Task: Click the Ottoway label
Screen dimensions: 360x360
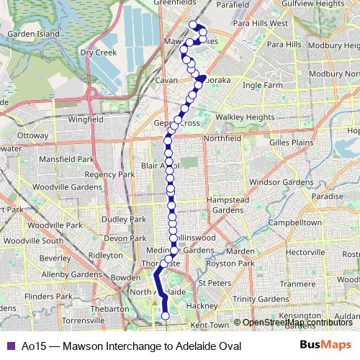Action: click(x=32, y=135)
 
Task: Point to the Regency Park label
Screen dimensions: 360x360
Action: click(x=109, y=174)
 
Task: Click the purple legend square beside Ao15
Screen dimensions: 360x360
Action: click(x=9, y=346)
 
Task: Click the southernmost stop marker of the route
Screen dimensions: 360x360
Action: click(x=166, y=315)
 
